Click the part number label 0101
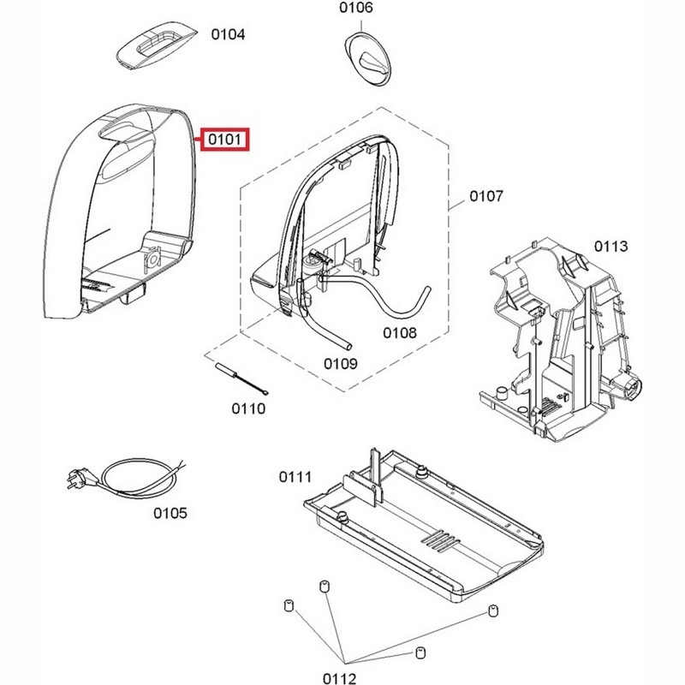(x=224, y=139)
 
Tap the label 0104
(x=229, y=35)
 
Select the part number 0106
(x=356, y=9)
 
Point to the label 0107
(x=485, y=197)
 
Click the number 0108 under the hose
(x=400, y=332)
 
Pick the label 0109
(x=340, y=363)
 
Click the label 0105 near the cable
(x=170, y=514)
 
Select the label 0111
(x=295, y=476)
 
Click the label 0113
(x=611, y=247)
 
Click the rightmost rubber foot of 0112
(x=492, y=611)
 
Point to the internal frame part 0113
(x=557, y=342)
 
